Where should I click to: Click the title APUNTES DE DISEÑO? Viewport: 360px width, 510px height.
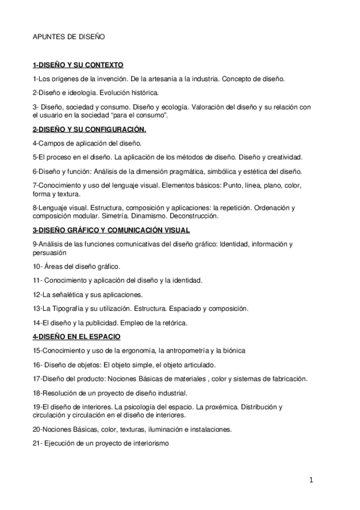pos(69,37)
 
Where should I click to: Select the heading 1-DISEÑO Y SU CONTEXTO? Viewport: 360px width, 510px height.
pos(78,64)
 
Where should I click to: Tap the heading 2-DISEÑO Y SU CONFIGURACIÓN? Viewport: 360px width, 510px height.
pos(89,129)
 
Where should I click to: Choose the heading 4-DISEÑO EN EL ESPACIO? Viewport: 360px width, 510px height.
pos(76,336)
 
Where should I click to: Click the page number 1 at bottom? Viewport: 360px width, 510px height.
pos(311,480)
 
